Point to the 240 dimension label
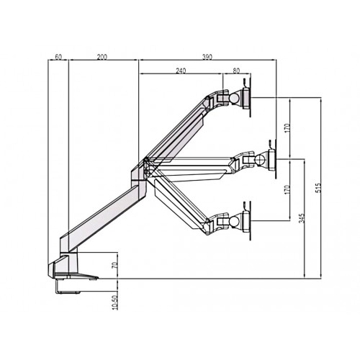click(x=180, y=71)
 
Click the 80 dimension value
click(x=236, y=71)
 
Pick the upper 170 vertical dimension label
click(x=287, y=128)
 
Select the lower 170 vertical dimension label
click(x=287, y=191)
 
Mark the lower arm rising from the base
click(x=101, y=215)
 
